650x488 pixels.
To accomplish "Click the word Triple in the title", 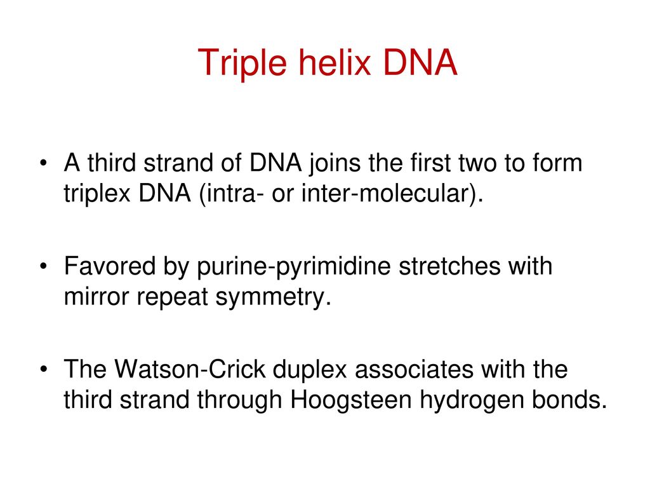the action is (242, 63).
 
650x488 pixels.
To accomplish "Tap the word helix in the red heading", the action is (335, 62).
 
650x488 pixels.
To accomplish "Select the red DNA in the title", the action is (420, 62).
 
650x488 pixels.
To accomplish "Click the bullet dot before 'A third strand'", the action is (44, 163).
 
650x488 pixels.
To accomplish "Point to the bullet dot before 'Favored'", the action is (44, 266).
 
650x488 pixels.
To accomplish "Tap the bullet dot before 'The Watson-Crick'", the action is (44, 369).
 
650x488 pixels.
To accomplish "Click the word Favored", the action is (110, 266).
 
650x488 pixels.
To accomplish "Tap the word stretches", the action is (450, 266).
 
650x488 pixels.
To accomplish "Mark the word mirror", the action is (96, 297).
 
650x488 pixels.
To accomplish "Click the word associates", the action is (414, 370).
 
